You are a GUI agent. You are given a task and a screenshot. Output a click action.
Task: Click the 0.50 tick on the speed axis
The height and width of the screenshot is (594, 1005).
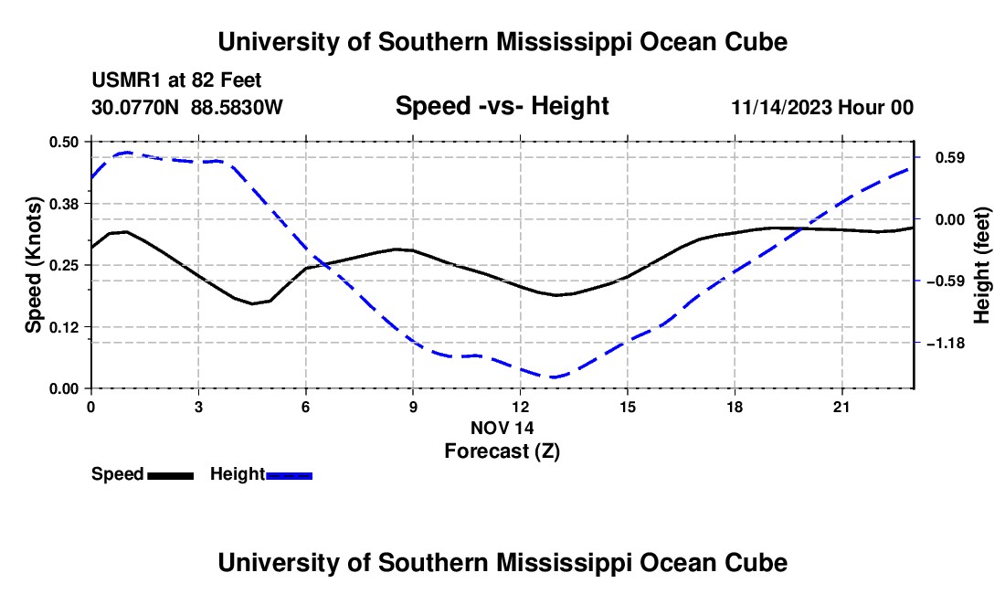coord(63,142)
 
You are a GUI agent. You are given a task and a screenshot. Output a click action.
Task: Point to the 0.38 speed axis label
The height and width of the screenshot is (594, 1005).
coord(63,204)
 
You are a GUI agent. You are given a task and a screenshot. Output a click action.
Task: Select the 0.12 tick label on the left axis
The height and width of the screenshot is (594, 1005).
coord(63,327)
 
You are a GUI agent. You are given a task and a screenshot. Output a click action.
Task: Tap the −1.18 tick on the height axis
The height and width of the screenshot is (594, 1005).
coord(946,344)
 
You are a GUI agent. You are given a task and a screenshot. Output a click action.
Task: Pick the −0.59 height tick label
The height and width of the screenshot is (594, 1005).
coord(946,281)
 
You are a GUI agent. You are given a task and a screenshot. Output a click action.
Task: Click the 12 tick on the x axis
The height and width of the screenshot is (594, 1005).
coord(521,407)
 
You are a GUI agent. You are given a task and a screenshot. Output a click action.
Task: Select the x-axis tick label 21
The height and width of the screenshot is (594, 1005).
coord(841,407)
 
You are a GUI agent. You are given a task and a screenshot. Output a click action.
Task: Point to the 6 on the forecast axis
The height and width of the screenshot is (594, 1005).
coord(306,407)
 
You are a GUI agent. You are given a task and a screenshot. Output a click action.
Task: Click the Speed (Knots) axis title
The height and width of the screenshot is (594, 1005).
coord(33,265)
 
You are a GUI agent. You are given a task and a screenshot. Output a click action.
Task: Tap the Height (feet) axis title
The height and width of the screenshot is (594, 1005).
coord(981,265)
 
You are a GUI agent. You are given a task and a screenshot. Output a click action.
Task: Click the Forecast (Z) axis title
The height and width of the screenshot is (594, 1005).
coord(502,451)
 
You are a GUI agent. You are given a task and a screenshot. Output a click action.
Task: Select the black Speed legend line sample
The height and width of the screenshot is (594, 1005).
coord(171,475)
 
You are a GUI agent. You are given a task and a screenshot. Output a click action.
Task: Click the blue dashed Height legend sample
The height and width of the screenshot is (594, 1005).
coord(289,475)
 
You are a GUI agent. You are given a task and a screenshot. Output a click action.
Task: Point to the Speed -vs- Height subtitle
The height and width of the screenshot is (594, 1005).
coord(502,106)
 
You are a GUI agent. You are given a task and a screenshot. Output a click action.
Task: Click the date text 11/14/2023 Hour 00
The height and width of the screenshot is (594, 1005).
coord(822,107)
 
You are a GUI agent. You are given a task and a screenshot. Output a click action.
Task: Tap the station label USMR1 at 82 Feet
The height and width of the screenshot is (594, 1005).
coord(176,80)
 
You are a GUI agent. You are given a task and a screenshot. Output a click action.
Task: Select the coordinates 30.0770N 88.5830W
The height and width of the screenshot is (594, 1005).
coord(187,107)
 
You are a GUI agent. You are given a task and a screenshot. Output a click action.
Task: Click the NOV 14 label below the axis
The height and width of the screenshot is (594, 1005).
coord(502,428)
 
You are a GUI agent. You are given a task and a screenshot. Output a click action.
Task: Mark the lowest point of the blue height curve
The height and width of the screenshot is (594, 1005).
coord(553,377)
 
